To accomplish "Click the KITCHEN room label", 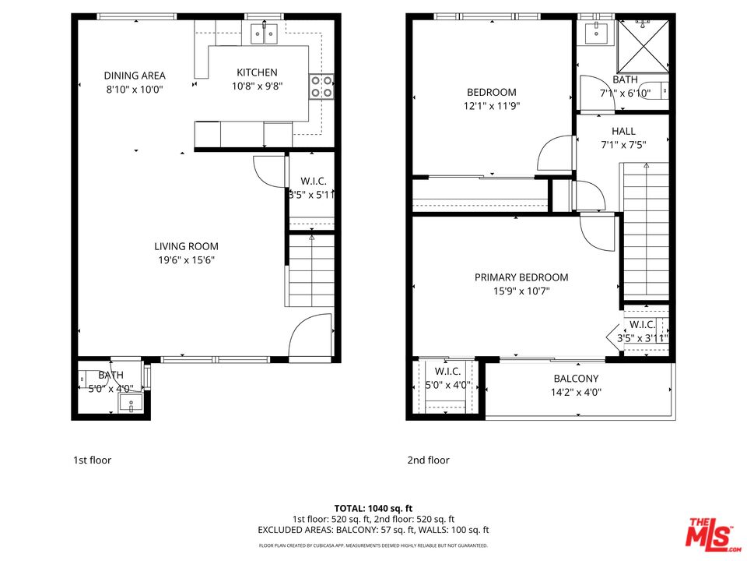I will pyautogui.click(x=257, y=72).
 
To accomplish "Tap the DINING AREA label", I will pyautogui.click(x=135, y=76).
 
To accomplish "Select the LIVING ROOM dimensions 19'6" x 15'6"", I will pyautogui.click(x=186, y=260).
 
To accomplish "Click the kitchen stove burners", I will pyautogui.click(x=321, y=86).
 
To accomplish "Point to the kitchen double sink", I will pyautogui.click(x=265, y=34).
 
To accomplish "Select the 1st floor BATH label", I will pyautogui.click(x=110, y=375).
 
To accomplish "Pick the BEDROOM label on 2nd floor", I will pyautogui.click(x=491, y=92).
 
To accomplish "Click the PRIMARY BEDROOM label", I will pyautogui.click(x=521, y=277).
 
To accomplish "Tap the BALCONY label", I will pyautogui.click(x=577, y=379).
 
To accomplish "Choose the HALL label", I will pyautogui.click(x=623, y=131).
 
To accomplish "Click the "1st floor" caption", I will pyautogui.click(x=92, y=460).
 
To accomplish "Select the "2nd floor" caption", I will pyautogui.click(x=428, y=460).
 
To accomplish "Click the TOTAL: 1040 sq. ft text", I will pyautogui.click(x=373, y=506).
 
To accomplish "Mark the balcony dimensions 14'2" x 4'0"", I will pyautogui.click(x=577, y=392).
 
